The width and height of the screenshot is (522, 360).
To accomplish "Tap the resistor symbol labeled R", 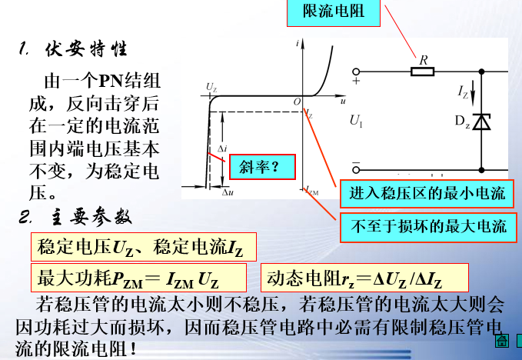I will click(x=424, y=72).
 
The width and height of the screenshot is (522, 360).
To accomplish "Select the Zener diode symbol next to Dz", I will click(x=481, y=121).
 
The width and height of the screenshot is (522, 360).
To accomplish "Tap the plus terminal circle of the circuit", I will click(x=356, y=72).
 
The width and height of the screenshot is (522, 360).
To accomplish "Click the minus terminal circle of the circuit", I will click(x=356, y=167).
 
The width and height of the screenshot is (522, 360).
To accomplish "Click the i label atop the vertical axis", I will click(x=297, y=48).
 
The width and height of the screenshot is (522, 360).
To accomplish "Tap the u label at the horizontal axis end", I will click(x=341, y=101).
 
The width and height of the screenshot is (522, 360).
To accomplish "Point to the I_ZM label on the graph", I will click(x=311, y=191).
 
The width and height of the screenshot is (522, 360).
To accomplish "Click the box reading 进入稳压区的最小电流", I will click(x=427, y=195).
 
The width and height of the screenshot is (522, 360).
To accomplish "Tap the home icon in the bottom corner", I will click(x=503, y=341).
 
